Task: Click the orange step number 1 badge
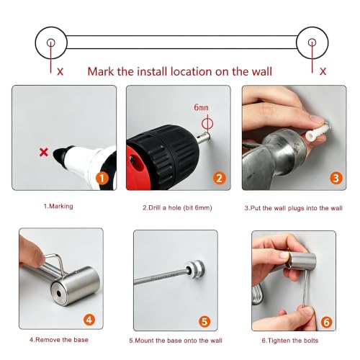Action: click(102, 179)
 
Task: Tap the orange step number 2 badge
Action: click(220, 179)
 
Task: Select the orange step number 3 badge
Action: click(336, 178)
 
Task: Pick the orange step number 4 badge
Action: click(89, 320)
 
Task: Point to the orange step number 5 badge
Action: click(204, 322)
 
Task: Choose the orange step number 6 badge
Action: click(326, 322)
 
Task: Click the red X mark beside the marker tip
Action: click(44, 152)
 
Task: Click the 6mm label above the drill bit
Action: click(201, 107)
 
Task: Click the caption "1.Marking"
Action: click(58, 206)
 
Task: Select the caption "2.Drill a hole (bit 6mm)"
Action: click(177, 207)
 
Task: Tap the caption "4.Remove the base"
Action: click(59, 340)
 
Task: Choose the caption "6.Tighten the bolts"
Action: click(290, 341)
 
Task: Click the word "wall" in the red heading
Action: click(262, 71)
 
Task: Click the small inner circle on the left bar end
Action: click(51, 42)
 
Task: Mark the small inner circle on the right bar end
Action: click(312, 42)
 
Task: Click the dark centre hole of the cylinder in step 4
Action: click(58, 293)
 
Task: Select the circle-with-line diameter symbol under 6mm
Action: click(207, 124)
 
